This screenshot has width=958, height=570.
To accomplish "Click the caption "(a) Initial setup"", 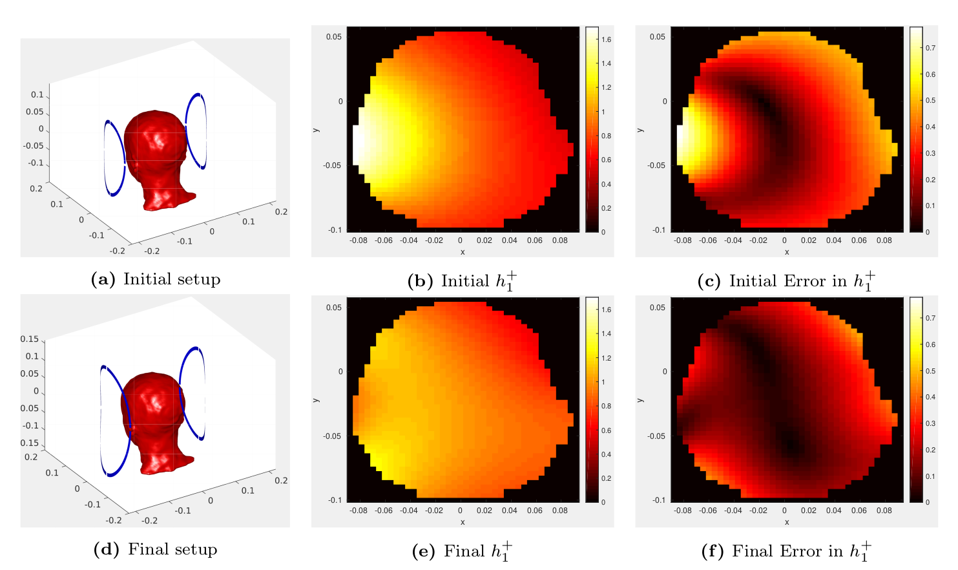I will tap(156, 279).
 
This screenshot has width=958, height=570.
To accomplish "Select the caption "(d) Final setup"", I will tap(156, 549).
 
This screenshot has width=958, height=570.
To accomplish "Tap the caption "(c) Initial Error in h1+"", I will tap(786, 281).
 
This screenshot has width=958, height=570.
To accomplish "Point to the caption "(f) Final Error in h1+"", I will tap(786, 551).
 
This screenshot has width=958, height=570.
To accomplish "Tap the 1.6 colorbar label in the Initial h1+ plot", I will tap(607, 39).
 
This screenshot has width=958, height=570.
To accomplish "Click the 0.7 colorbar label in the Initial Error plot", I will tap(930, 48).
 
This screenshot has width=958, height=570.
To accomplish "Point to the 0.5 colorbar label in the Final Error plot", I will tap(930, 371).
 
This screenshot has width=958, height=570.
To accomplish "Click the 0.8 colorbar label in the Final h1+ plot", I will tap(607, 406).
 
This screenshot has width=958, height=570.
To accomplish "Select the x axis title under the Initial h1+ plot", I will tap(463, 252).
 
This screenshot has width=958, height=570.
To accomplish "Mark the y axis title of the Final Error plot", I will tap(640, 399).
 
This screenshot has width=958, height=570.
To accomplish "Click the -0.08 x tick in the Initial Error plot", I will tap(683, 240).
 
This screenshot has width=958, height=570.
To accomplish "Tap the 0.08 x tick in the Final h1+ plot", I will tap(560, 511).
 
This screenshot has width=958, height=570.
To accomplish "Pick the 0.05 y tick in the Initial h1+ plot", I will tap(333, 37).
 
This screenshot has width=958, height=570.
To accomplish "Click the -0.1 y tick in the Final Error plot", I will tap(658, 500).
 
